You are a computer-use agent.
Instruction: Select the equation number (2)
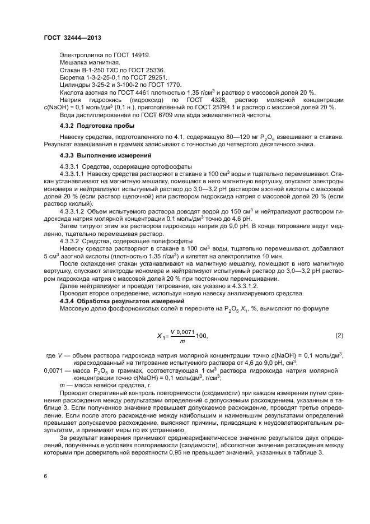339,335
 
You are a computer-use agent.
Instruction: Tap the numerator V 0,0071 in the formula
183,332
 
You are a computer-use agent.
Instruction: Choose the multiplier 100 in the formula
202,336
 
